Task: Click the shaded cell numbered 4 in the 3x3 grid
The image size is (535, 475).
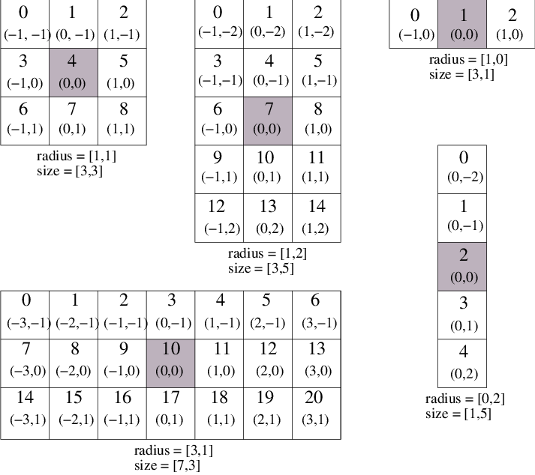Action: click(74, 73)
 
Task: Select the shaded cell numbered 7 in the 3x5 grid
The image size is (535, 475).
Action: click(268, 121)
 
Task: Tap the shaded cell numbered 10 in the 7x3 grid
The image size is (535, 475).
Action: click(170, 363)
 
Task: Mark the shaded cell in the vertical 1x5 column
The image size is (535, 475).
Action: click(462, 267)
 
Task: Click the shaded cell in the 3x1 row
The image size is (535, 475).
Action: click(462, 24)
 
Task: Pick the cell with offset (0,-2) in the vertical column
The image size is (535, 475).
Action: click(462, 169)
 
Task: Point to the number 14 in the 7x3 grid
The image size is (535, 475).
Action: click(25, 397)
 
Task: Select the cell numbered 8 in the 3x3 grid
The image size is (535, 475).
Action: click(122, 121)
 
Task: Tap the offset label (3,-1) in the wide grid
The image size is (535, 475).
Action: click(319, 323)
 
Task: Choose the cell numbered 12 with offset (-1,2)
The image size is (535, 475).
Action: click(219, 218)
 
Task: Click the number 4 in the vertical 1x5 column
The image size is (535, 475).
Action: click(464, 351)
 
